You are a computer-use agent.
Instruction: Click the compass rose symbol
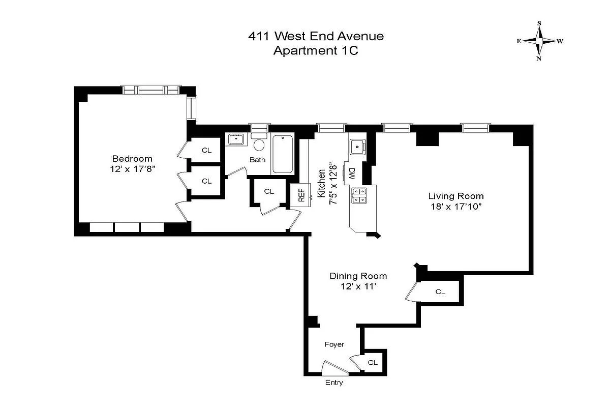[539, 41]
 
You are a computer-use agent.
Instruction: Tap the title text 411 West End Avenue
[315, 36]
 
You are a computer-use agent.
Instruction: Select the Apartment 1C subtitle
[315, 51]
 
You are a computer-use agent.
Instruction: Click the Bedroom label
[132, 158]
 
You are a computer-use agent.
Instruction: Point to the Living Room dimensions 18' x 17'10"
[455, 206]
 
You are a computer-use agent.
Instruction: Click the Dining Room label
[358, 276]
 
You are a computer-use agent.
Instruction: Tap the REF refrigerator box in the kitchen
[301, 195]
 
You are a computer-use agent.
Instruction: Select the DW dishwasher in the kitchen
[350, 173]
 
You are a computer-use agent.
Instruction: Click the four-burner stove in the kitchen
[359, 195]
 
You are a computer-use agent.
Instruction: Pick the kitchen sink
[357, 147]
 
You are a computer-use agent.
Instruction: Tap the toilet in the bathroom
[259, 144]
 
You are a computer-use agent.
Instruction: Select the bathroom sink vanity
[236, 139]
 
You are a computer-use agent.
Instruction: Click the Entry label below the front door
[333, 383]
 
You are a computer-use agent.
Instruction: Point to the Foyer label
[334, 344]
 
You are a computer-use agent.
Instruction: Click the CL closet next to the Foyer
[373, 362]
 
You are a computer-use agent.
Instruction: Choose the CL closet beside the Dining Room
[440, 292]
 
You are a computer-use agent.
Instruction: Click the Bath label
[257, 160]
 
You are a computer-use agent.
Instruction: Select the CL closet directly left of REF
[269, 191]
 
